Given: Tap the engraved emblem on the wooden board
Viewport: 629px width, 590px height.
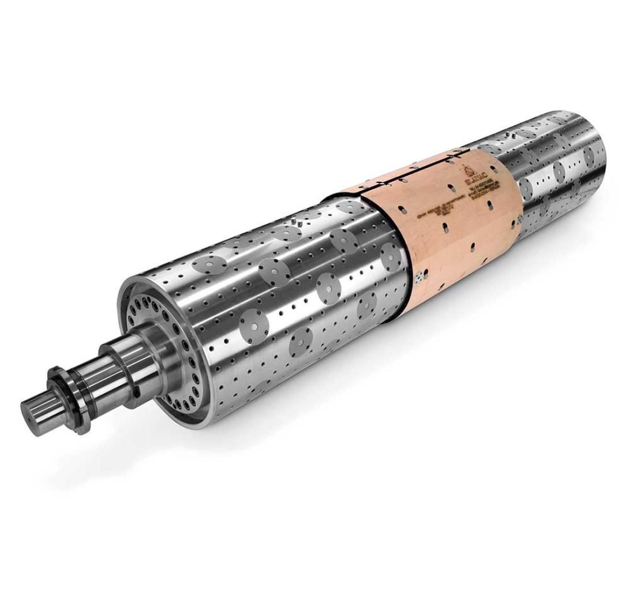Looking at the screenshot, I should click(467, 169).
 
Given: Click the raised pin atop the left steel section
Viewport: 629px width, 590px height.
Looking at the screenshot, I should click(297, 221).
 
